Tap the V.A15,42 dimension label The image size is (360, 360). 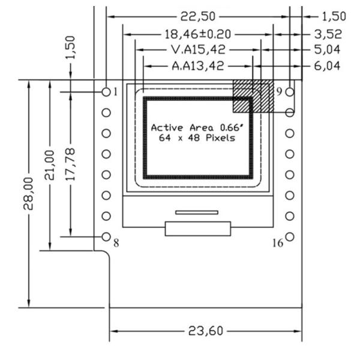tap(197, 50)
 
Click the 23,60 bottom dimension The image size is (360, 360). tap(205, 331)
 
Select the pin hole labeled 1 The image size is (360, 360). tap(106, 92)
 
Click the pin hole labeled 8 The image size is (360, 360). tap(106, 236)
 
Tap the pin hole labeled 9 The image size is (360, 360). tap(290, 92)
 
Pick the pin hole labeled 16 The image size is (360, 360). tap(290, 236)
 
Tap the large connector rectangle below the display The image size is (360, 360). tap(198, 229)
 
